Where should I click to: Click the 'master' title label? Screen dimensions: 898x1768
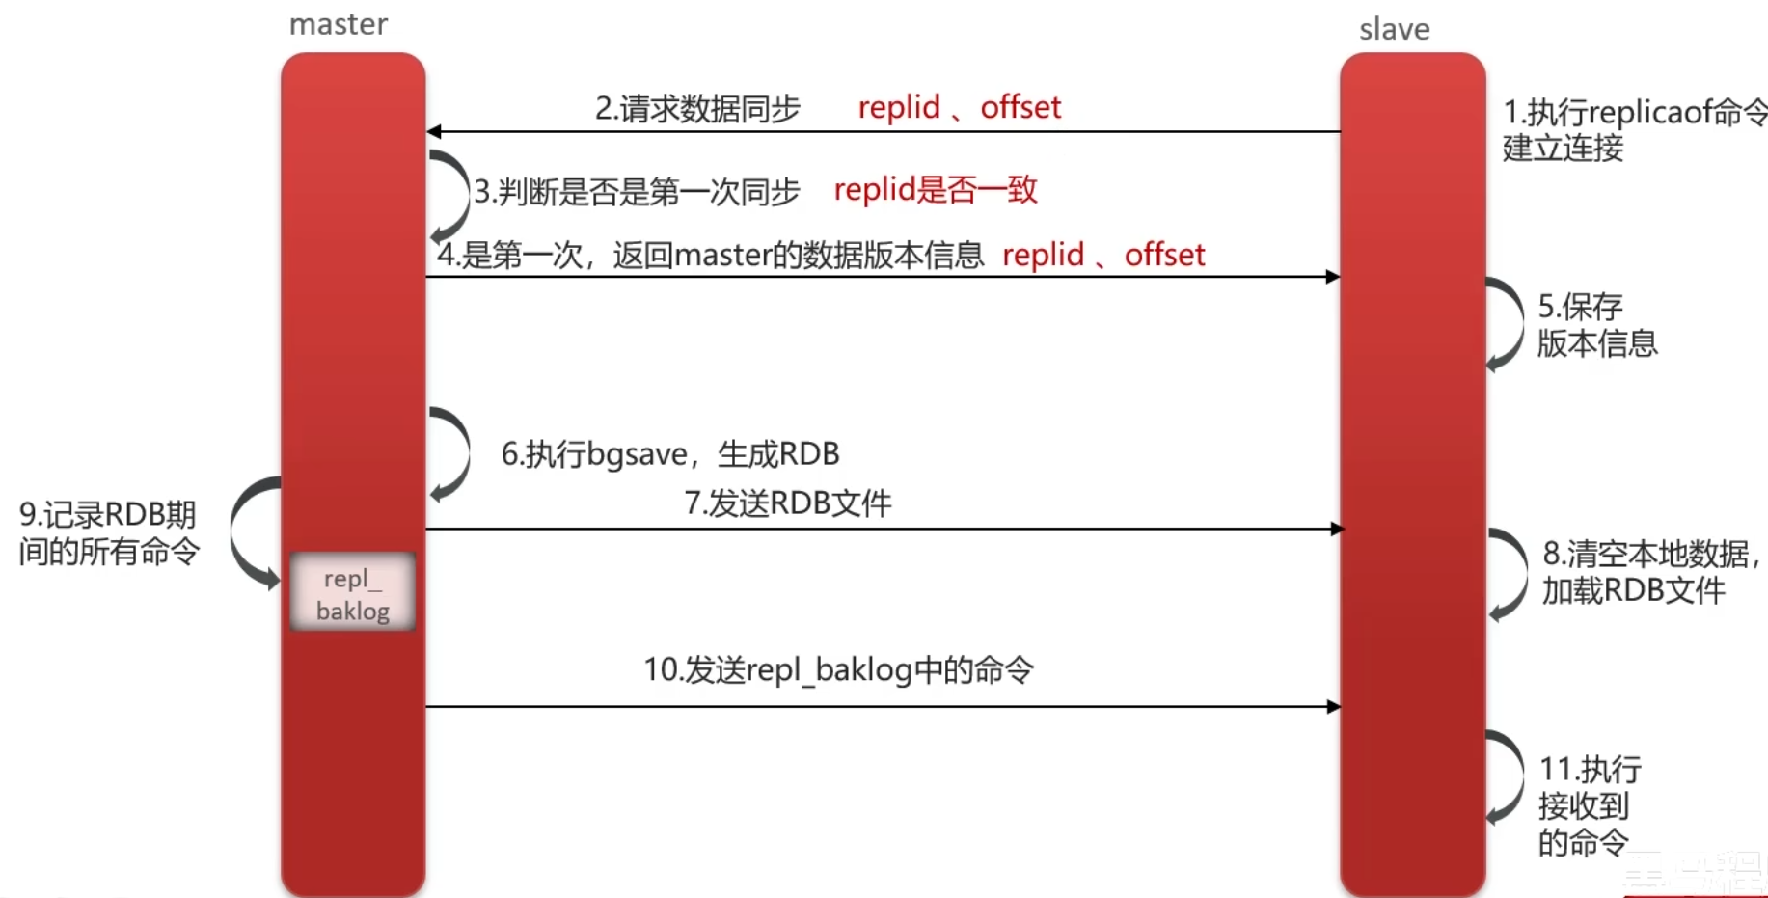point(339,24)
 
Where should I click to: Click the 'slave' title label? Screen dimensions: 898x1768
point(1394,29)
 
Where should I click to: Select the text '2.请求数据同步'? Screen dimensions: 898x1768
point(697,108)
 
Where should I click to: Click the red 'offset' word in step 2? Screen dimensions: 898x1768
point(1020,107)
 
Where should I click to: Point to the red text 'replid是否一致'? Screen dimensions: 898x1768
point(936,189)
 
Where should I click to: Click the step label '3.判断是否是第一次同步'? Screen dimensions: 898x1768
point(637,191)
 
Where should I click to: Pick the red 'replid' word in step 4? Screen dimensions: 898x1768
point(1043,255)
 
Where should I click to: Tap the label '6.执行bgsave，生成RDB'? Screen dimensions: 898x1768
point(669,453)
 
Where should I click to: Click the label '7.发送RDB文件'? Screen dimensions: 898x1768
point(788,503)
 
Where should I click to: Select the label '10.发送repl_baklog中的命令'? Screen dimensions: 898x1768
point(838,669)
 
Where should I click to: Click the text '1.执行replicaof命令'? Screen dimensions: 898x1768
point(1635,112)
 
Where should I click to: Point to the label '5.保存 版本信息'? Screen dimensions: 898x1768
point(1596,325)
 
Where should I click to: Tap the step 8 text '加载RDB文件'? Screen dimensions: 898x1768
point(1633,590)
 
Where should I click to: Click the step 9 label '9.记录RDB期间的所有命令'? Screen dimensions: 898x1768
point(108,532)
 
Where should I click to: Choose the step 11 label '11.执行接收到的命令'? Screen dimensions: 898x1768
point(1589,805)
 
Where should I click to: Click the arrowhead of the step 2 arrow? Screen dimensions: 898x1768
point(434,131)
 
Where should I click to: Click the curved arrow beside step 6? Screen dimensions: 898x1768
point(451,453)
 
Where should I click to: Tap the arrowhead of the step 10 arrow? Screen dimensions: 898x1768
point(1334,707)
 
